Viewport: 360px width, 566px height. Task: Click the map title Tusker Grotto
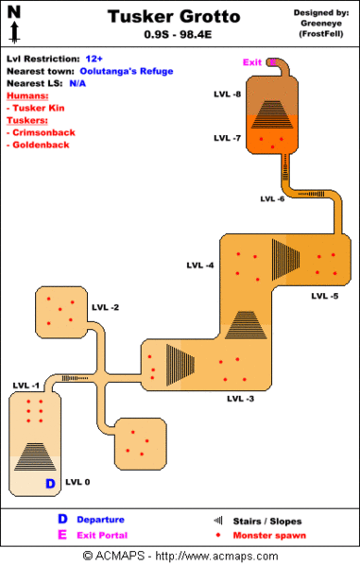coord(173,16)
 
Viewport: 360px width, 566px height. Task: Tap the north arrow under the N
coord(14,34)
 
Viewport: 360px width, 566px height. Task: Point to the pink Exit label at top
coord(251,62)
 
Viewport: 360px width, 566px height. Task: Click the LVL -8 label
coord(227,95)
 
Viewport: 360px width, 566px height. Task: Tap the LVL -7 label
coord(227,138)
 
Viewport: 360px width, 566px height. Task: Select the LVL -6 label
coord(272,199)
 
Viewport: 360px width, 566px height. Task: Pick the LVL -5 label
coord(324,296)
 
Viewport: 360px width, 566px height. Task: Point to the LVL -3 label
coord(240,399)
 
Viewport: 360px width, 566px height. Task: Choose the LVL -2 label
coord(105,308)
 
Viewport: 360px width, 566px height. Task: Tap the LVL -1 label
coord(26,386)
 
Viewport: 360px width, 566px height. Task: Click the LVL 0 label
coord(77,482)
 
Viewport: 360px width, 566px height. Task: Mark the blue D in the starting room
coord(50,483)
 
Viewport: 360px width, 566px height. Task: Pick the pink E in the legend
coord(62,534)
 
